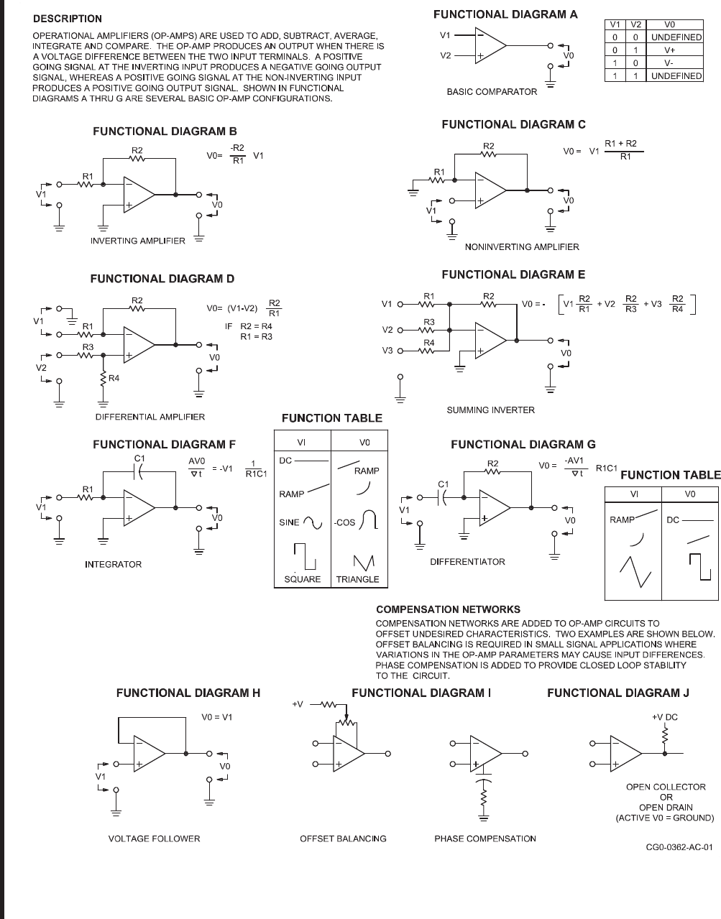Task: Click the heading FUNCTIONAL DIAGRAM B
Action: click(165, 131)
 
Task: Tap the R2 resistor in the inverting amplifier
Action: click(137, 158)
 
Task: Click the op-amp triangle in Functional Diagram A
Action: click(490, 45)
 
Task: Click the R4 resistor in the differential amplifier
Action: click(105, 378)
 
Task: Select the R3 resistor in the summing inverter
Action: click(429, 330)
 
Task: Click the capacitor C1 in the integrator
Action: click(140, 471)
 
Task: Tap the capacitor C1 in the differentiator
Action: click(443, 494)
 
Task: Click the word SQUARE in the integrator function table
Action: click(302, 579)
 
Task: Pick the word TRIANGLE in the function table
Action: click(357, 579)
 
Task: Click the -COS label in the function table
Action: click(345, 522)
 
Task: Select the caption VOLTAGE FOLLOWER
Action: click(154, 839)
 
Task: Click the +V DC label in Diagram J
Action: click(664, 717)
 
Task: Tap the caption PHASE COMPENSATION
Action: click(485, 839)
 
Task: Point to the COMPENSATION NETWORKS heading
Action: click(448, 609)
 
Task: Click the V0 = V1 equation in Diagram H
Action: click(217, 717)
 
